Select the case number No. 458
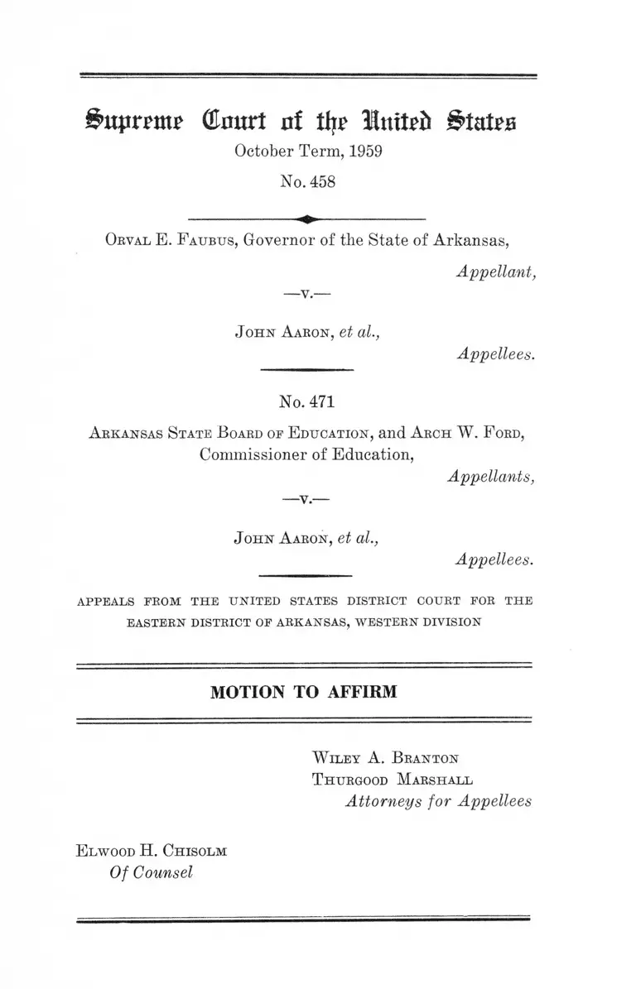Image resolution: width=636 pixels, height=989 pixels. [307, 182]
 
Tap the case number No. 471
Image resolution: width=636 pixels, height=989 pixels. [307, 402]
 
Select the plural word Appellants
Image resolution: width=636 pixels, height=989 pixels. [491, 476]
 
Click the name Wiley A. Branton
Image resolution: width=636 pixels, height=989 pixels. [385, 757]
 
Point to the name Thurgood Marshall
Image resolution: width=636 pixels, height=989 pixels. [393, 780]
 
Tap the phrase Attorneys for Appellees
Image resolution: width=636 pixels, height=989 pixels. [438, 801]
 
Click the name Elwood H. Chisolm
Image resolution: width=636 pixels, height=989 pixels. [151, 850]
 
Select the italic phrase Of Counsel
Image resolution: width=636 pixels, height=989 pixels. [151, 871]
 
